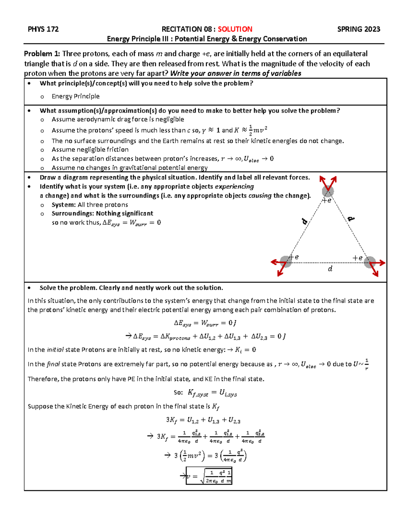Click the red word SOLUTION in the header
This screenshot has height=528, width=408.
tap(235, 29)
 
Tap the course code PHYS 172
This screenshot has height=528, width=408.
tap(43, 29)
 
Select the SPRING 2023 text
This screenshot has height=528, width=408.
tap(358, 29)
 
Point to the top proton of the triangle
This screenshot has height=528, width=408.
tap(328, 191)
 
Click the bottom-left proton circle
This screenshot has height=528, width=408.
tap(286, 262)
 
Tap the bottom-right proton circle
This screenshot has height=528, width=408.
tap(370, 262)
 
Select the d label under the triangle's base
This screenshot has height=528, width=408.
tap(330, 269)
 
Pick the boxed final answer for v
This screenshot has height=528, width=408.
tap(209, 476)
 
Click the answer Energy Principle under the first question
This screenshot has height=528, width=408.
tap(75, 96)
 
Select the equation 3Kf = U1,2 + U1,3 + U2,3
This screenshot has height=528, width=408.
tap(203, 420)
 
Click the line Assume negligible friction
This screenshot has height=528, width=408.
tap(90, 150)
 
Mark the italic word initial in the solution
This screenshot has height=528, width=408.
tap(55, 350)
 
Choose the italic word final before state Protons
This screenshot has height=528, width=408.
tap(53, 364)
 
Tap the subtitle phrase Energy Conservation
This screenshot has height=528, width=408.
tap(273, 39)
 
